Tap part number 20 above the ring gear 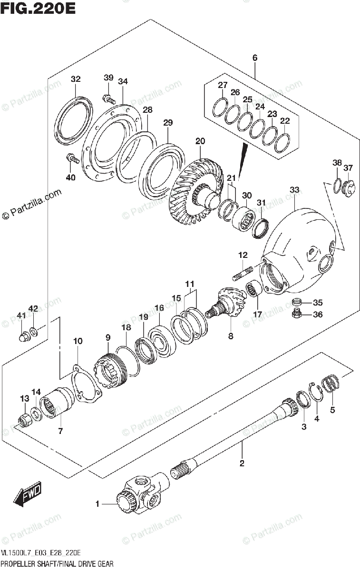coord(200,141)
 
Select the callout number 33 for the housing coord(294,190)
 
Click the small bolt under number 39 coord(109,99)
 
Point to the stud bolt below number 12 coord(243,275)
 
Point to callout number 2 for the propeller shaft coord(242,463)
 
